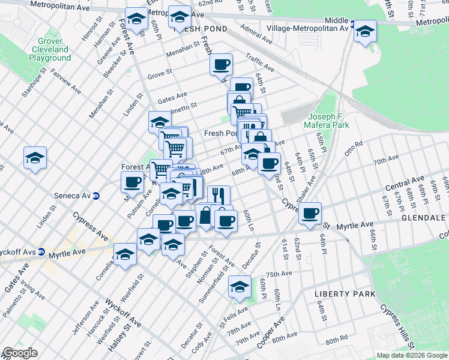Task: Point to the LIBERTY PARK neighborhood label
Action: pos(345,294)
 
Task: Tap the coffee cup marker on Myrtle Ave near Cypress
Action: pos(310,213)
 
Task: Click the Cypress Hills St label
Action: pos(397,328)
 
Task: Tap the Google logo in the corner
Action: pos(19,353)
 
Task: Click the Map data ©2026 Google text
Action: pos(411,355)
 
